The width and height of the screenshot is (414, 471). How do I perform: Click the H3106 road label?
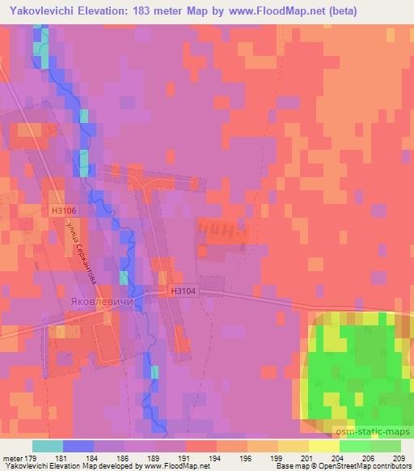point(64,209)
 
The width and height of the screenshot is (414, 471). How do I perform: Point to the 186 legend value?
point(124,458)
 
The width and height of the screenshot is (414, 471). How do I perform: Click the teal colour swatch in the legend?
point(48,447)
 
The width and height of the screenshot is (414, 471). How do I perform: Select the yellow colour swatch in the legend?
point(323,447)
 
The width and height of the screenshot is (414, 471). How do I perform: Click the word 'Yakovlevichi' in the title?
point(41,11)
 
